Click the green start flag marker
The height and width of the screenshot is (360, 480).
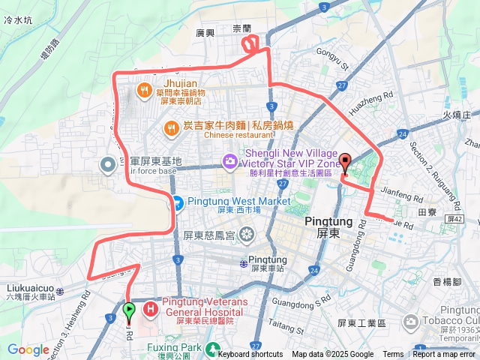click(128, 309)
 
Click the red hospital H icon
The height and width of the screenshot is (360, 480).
click(150, 307)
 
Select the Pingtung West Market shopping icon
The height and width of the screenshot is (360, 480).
click(177, 202)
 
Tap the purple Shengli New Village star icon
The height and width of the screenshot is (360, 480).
click(229, 160)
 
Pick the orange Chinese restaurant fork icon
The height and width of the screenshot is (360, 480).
click(172, 128)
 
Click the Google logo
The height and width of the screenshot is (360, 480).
click(28, 349)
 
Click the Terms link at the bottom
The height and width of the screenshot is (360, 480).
click(393, 354)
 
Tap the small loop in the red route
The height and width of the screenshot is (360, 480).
click(252, 46)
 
